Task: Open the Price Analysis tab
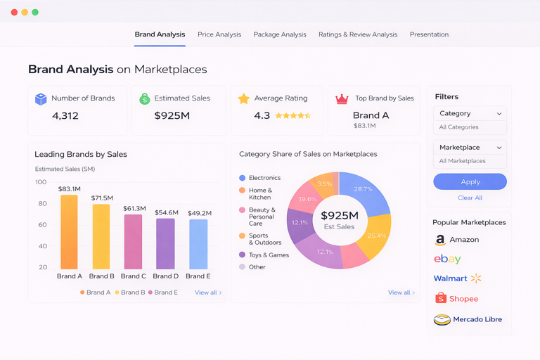(x=219, y=34)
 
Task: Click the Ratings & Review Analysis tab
(x=357, y=34)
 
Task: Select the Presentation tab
(x=429, y=34)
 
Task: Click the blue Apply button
(x=470, y=181)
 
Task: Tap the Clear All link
(x=470, y=198)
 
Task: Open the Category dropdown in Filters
(x=470, y=113)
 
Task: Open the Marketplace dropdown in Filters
(x=470, y=148)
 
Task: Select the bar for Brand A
(x=69, y=232)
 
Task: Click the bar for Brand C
(x=134, y=242)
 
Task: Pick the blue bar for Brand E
(x=198, y=244)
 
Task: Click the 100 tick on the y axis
(x=41, y=182)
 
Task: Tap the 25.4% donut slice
(x=377, y=235)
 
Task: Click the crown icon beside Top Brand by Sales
(x=342, y=99)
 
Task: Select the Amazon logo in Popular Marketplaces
(x=440, y=240)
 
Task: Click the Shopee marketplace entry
(x=456, y=299)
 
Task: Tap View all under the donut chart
(x=401, y=292)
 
